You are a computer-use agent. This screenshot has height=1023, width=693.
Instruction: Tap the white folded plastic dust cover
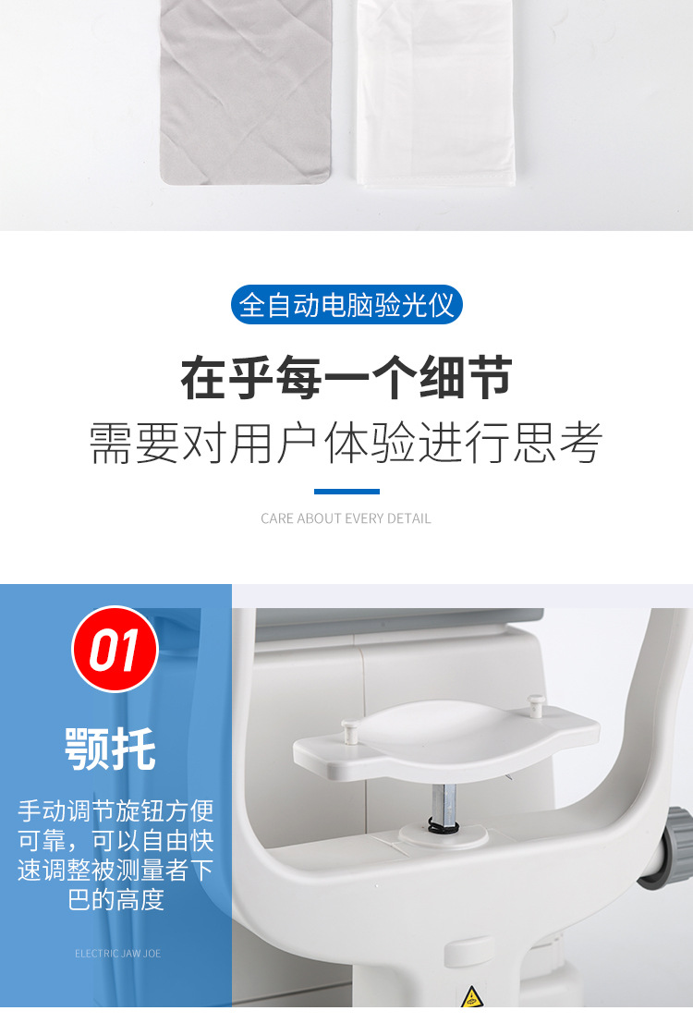[x=434, y=92]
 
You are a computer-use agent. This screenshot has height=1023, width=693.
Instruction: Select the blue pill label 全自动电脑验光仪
[x=346, y=305]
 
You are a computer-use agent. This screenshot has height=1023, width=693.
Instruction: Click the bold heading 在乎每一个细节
[x=346, y=379]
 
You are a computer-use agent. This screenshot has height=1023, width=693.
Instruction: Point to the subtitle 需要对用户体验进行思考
[x=346, y=445]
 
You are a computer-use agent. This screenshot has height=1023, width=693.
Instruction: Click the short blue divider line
[x=346, y=492]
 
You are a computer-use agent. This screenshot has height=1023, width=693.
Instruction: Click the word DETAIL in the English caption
[x=410, y=518]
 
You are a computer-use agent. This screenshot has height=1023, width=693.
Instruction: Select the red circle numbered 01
[x=115, y=650]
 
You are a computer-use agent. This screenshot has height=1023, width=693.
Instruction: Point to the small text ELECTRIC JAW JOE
[x=117, y=953]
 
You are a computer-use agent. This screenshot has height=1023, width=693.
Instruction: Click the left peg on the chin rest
[x=349, y=732]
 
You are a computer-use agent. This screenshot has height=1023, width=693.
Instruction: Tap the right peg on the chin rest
[x=535, y=706]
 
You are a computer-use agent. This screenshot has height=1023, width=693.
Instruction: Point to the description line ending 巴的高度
[x=115, y=899]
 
